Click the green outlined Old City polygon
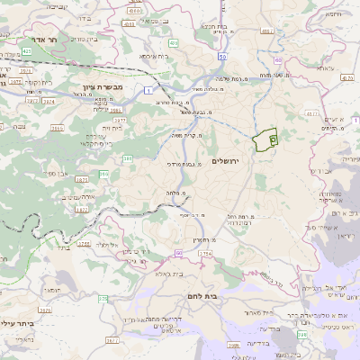tap(265, 140)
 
